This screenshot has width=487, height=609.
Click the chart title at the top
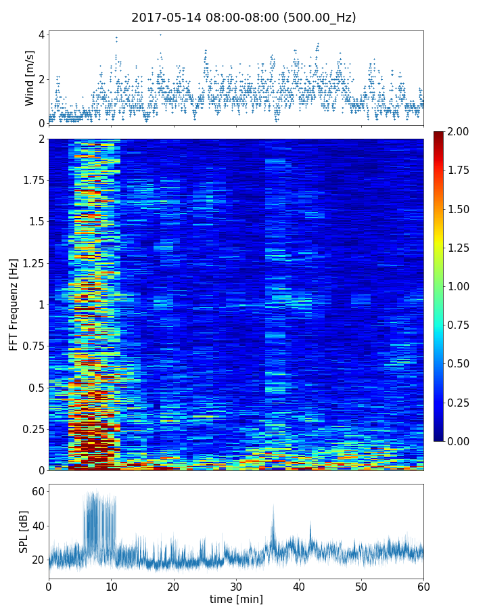[243, 18]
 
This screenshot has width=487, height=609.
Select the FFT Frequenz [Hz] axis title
[14, 304]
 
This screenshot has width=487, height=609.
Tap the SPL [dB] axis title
[25, 530]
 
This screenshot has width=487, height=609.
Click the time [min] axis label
[236, 599]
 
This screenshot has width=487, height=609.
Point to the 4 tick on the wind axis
[41, 35]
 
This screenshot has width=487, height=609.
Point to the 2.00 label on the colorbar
[463, 131]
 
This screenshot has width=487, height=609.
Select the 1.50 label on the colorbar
[463, 209]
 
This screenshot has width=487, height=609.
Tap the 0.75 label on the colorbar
[463, 325]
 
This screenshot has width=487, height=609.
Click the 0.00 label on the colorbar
[463, 441]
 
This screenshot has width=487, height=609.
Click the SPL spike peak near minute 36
[274, 505]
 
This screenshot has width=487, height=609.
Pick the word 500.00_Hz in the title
[322, 18]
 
